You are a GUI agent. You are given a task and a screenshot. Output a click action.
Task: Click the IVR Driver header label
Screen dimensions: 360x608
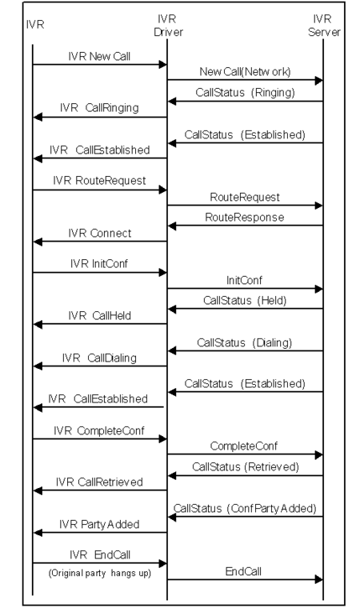point(168,26)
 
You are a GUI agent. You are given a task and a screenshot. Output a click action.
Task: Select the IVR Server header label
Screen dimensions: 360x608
point(324,26)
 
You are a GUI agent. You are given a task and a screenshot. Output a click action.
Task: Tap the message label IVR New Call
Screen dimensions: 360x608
point(99,56)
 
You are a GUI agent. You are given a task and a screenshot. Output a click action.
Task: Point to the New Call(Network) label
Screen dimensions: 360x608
point(245,72)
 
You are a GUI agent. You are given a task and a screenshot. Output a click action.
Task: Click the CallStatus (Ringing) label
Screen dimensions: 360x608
point(245,92)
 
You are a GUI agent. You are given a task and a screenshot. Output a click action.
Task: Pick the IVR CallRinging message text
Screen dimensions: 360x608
point(99,108)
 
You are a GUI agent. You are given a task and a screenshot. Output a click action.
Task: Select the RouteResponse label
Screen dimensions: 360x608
point(244,217)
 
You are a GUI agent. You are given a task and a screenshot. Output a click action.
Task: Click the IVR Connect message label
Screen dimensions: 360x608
point(100,233)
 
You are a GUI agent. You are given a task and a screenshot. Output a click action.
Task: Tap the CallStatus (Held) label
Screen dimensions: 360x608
point(245,301)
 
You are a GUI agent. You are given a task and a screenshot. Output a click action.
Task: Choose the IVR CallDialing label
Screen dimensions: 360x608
point(99,358)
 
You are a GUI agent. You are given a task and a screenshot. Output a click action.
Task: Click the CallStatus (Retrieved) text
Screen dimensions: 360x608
point(246,467)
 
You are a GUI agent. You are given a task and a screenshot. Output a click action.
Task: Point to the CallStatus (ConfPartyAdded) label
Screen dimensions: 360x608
point(245,508)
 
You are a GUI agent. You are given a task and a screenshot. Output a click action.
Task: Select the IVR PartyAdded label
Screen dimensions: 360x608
point(99,524)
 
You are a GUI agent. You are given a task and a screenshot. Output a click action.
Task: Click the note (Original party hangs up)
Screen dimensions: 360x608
point(100,573)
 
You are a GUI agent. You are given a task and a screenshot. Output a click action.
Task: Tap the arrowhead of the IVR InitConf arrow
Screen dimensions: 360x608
point(163,273)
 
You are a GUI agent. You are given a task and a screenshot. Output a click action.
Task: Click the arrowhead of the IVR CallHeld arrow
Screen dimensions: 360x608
point(38,325)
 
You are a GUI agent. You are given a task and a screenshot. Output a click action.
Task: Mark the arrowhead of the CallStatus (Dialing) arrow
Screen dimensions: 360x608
point(172,351)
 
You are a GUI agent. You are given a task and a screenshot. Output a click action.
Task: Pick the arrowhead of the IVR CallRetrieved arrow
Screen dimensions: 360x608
point(38,491)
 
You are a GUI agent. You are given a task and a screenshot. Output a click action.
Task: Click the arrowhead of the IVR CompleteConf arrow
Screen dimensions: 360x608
point(163,439)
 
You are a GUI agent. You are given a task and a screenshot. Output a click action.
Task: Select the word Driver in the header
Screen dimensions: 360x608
point(168,32)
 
